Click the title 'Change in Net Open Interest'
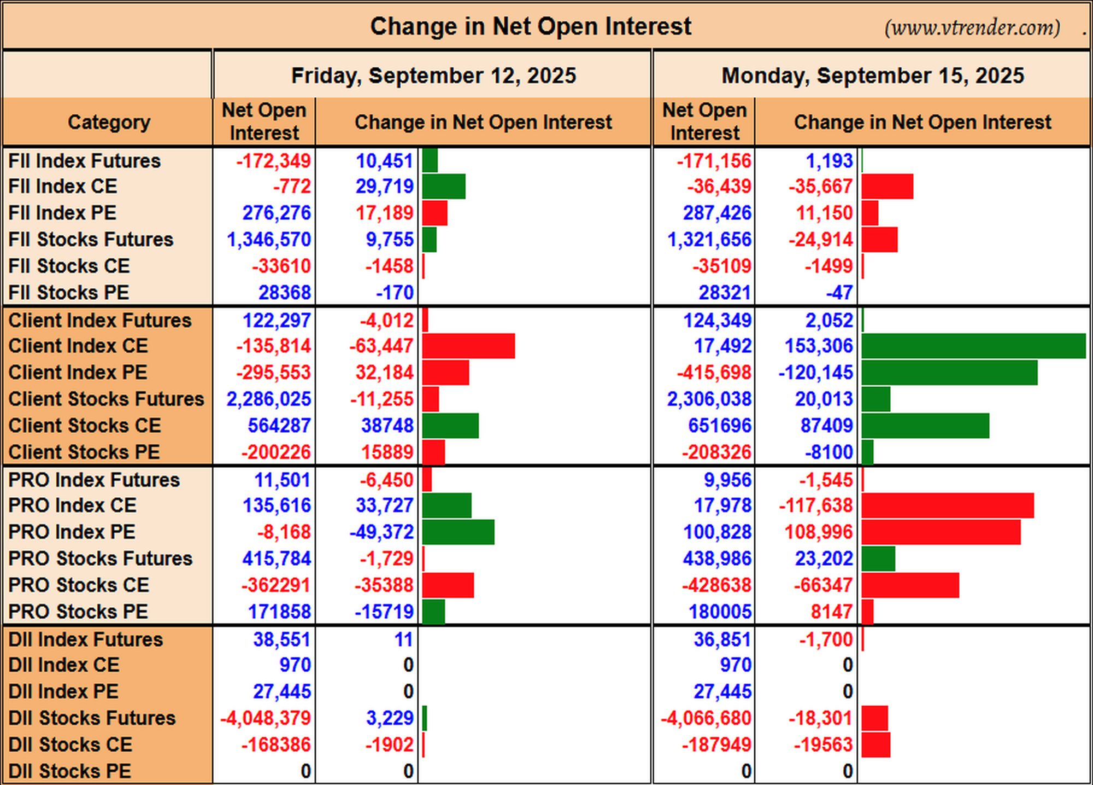531,26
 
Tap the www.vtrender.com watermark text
972,27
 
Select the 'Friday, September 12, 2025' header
433,75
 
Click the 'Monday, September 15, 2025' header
873,75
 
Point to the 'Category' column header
109,122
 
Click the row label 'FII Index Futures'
85,161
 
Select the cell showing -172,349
273,161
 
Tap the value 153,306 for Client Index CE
818,346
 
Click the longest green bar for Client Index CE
973,346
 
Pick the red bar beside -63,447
468,346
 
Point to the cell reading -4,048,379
265,718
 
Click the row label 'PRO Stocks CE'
79,585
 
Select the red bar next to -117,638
948,505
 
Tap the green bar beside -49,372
458,532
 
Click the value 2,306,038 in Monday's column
709,399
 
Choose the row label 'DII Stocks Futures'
92,718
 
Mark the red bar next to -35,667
887,187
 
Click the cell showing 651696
720,426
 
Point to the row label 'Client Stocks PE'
84,452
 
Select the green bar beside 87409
925,426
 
